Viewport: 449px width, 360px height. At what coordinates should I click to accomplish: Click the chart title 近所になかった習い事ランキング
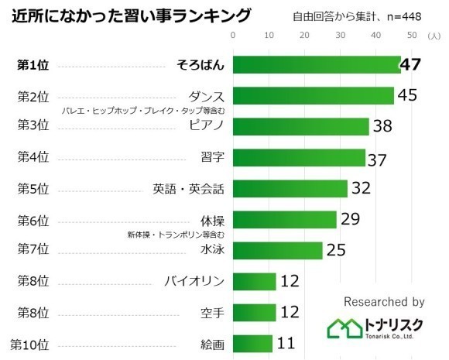[x=132, y=15]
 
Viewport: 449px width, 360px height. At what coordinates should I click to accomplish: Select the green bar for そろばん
[x=316, y=65]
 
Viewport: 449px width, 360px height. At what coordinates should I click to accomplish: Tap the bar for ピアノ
[x=300, y=126]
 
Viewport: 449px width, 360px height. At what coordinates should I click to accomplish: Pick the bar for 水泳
[x=277, y=250]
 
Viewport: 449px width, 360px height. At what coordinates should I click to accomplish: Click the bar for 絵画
[x=252, y=343]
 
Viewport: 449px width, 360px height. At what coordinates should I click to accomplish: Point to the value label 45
[x=408, y=95]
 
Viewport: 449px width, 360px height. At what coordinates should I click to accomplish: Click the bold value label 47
[x=410, y=64]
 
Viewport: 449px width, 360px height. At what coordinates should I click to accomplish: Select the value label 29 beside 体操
[x=351, y=219]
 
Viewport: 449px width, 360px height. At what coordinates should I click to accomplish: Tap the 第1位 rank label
[x=33, y=65]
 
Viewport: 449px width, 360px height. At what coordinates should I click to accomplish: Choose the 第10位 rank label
[x=29, y=343]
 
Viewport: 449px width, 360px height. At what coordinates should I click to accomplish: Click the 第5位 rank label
[x=33, y=188]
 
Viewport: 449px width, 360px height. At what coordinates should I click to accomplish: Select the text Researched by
[x=383, y=302]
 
